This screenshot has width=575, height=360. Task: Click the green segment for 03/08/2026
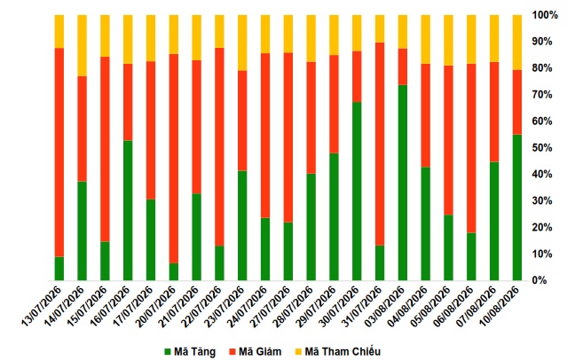point(403,183)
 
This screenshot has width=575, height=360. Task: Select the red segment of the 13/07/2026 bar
point(59,153)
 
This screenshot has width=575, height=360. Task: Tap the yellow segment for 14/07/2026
point(83,45)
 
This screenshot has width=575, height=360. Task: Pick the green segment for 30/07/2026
point(357,191)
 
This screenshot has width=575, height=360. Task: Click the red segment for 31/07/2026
point(380,144)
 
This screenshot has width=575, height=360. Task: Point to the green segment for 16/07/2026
point(128,210)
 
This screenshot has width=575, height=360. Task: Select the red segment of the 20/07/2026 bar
point(174,159)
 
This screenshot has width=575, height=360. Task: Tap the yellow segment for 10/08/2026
point(517,43)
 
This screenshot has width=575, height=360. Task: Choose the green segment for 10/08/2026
point(517,207)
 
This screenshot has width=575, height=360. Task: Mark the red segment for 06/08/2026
point(471,148)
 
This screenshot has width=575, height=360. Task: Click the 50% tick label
point(542,148)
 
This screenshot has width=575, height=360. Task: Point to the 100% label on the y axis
point(545,15)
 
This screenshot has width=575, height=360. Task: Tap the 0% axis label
point(540,280)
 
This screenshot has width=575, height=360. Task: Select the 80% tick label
point(542,68)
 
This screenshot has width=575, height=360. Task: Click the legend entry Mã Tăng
point(190,352)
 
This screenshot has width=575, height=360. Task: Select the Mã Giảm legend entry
point(256,352)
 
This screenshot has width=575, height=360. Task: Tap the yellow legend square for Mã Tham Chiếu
point(298,352)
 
